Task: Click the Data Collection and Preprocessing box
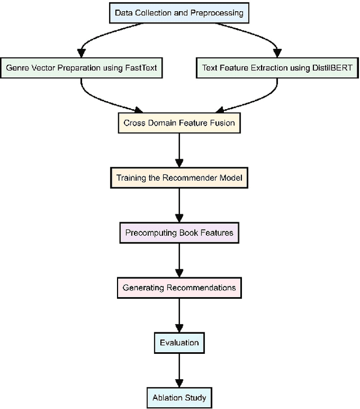179,12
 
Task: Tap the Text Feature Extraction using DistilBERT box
277,68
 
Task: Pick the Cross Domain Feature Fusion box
179,123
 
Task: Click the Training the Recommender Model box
179,178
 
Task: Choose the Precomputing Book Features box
179,232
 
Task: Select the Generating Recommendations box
179,287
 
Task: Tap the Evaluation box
179,342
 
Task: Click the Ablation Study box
179,397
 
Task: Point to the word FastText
140,68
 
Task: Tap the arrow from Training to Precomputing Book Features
179,205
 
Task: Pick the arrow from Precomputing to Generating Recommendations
179,260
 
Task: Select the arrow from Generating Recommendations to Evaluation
179,315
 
